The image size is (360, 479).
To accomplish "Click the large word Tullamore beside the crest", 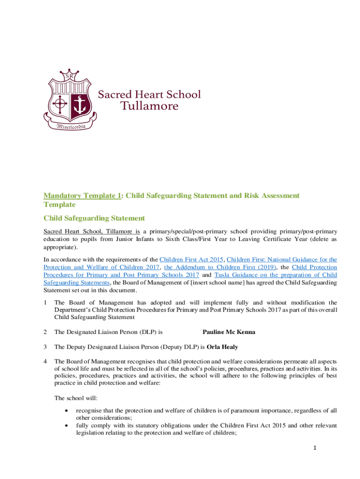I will coord(150,106).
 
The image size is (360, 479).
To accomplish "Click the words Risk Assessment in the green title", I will coord(261,196).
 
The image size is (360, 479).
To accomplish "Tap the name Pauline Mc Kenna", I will coord(229,332).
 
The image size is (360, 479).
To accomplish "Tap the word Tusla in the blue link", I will coord(223,275).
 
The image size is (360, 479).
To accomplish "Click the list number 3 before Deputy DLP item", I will coord(45,347).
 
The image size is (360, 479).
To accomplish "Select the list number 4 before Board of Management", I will coord(45,361).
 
